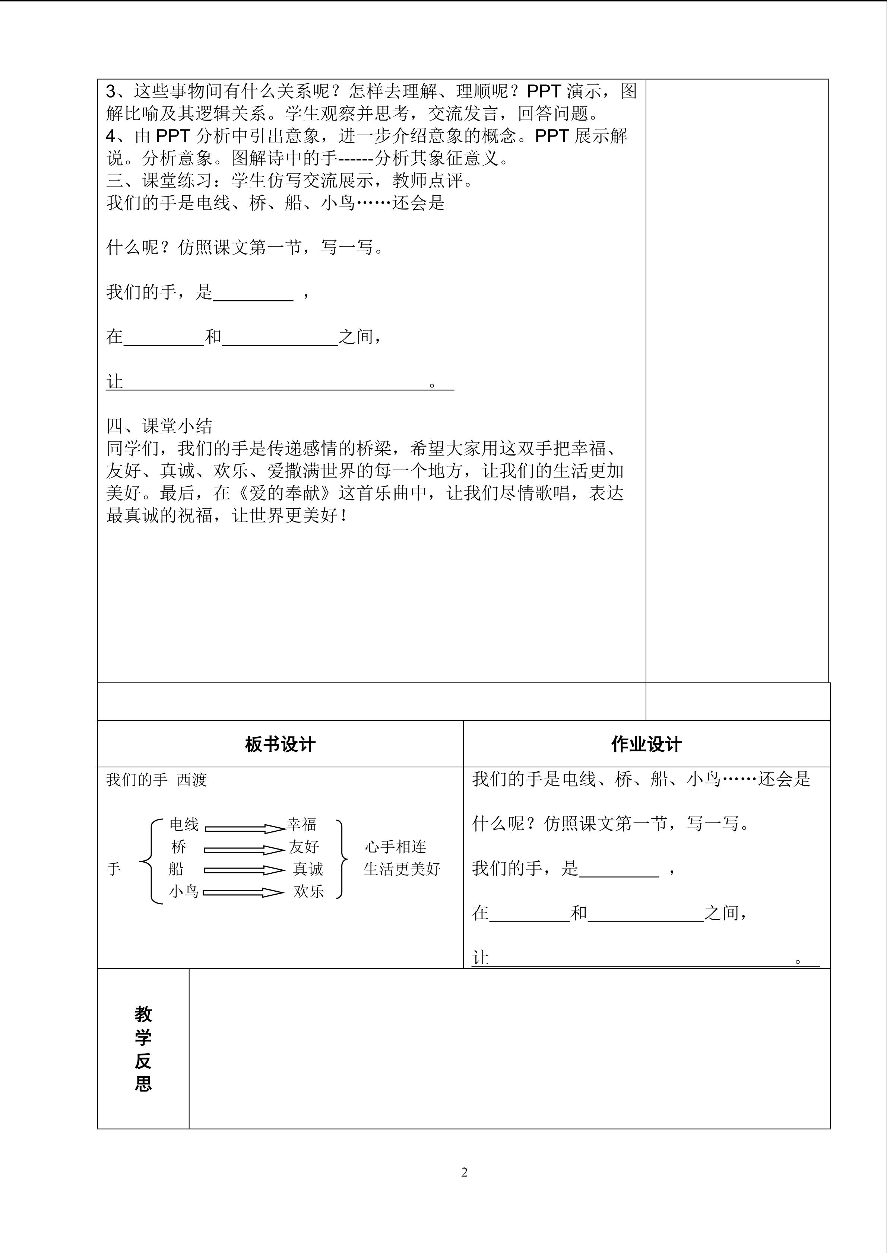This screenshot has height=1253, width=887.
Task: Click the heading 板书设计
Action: [280, 744]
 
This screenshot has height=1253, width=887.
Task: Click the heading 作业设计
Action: [646, 744]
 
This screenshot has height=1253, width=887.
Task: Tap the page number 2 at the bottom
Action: [464, 1172]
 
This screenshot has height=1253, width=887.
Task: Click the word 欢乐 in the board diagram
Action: [308, 892]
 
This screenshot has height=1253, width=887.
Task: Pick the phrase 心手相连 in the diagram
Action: [395, 847]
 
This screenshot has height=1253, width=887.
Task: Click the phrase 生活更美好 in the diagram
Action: [402, 869]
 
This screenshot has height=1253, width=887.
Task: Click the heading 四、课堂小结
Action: [159, 426]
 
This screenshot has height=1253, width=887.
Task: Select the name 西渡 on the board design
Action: [192, 780]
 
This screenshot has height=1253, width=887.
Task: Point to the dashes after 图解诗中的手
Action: [356, 159]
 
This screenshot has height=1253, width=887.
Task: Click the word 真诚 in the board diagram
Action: [308, 869]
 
